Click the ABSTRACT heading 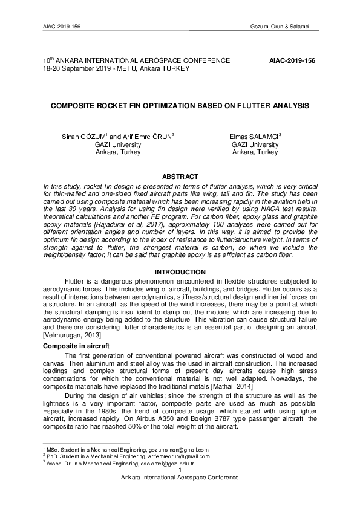180,176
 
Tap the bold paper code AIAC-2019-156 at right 292,61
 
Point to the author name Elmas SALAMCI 253,137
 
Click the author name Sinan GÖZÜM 85,137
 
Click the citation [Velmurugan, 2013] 73,335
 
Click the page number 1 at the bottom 180,470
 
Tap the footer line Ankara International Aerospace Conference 180,477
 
